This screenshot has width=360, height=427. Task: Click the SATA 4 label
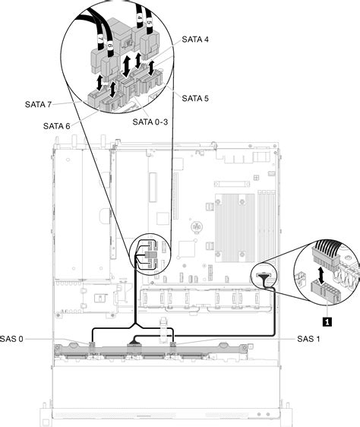point(196,40)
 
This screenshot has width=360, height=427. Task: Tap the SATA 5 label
point(196,98)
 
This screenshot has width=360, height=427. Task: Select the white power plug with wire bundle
point(325,254)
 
